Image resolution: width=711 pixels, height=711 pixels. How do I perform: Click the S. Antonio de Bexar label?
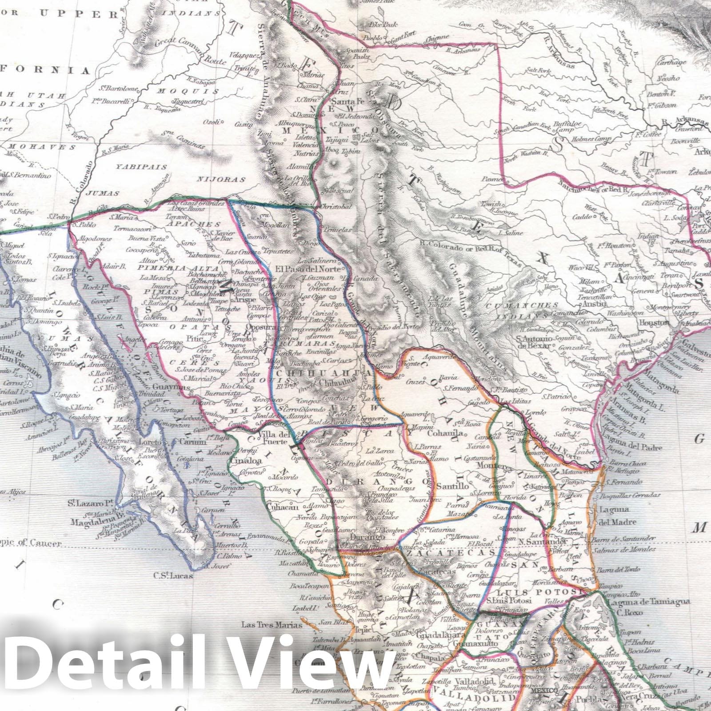535,341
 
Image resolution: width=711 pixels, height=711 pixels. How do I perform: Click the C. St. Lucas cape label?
173,575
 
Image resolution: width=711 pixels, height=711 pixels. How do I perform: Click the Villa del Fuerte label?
275,438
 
